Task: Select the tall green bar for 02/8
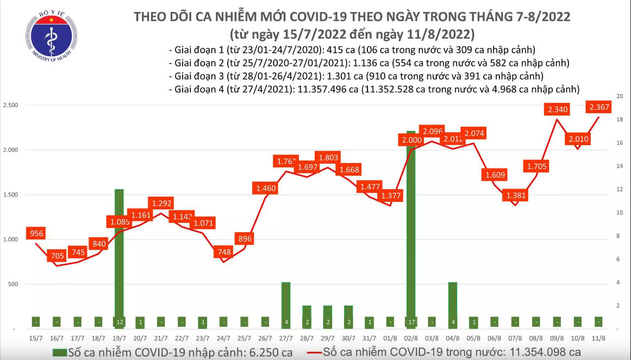(411, 228)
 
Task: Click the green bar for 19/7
(119, 258)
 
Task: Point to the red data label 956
(36, 234)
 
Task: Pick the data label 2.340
(558, 110)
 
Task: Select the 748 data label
(224, 252)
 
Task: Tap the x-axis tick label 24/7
(223, 338)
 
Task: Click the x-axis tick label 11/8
(598, 338)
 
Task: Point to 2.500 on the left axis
(11, 105)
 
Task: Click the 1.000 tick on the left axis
(11, 239)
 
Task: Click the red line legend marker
(312, 352)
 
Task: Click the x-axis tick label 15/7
(36, 338)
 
